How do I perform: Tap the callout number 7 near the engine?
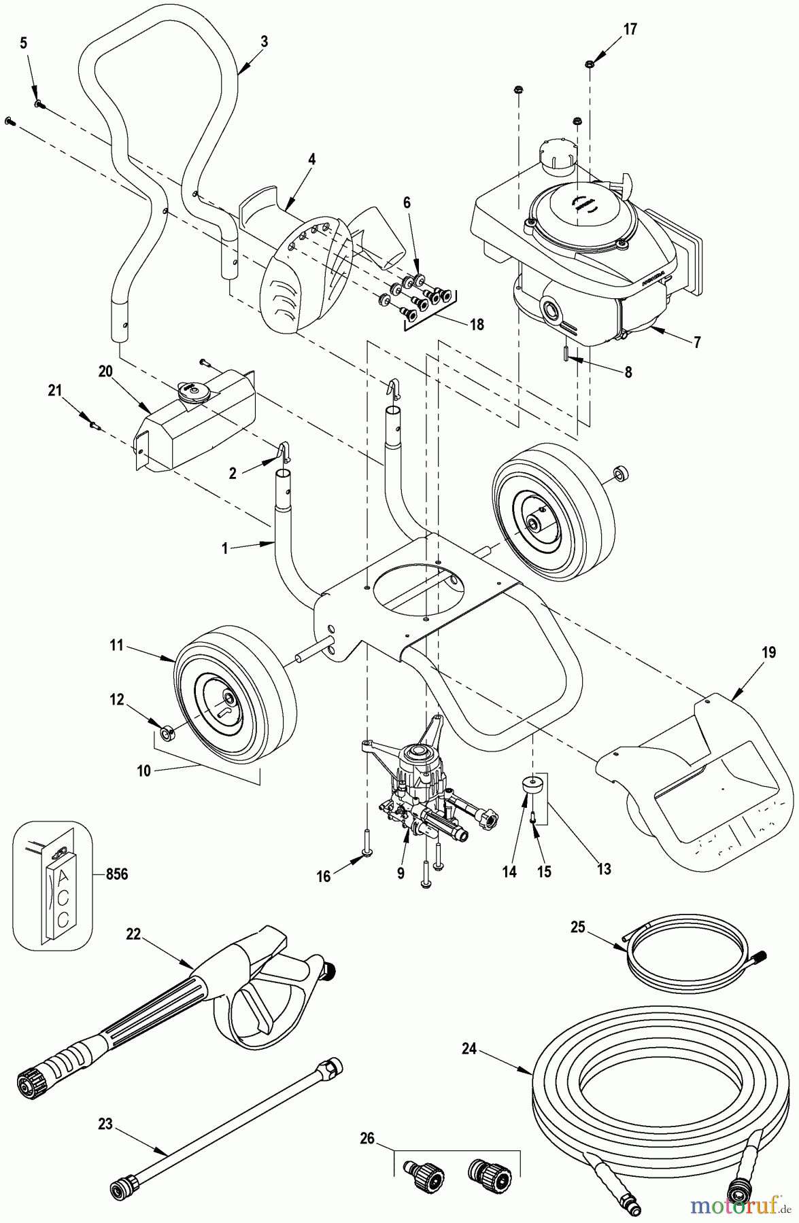(696, 342)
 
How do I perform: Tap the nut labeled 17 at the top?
(590, 63)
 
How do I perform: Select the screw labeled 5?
(39, 103)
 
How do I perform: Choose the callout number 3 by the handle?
(265, 41)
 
